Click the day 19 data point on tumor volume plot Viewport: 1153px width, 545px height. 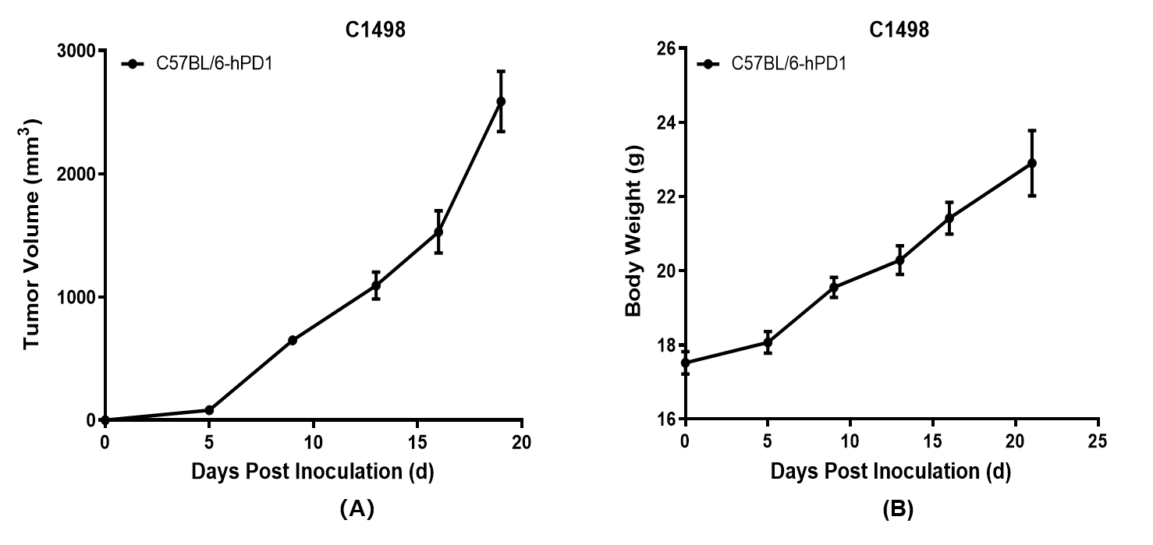(x=501, y=101)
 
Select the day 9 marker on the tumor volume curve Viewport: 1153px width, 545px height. (x=293, y=340)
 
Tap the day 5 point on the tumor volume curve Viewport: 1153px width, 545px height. (x=209, y=410)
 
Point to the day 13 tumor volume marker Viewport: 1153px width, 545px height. (x=376, y=285)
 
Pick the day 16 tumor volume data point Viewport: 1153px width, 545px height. (x=438, y=232)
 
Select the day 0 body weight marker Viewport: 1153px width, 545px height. (x=685, y=363)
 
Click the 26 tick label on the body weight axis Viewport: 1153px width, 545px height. (x=665, y=49)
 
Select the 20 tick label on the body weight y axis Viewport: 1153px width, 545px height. (x=665, y=271)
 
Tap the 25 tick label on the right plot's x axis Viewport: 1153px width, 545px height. (x=1098, y=442)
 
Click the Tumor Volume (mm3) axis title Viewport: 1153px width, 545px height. (x=31, y=234)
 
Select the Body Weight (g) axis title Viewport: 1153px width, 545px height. (x=633, y=231)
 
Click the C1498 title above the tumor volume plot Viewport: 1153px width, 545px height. (x=376, y=30)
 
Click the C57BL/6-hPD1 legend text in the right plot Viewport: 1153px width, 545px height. (x=789, y=64)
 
